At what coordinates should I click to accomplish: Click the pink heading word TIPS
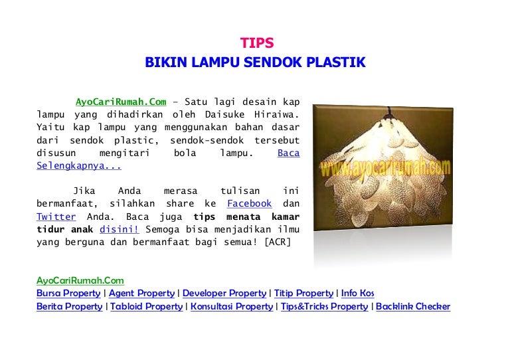(257, 43)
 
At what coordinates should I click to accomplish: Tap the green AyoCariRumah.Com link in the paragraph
(121, 102)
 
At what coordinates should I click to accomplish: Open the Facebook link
(249, 203)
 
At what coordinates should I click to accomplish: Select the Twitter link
(56, 217)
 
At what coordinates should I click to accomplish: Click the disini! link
(120, 229)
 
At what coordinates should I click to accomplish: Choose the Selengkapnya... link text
(79, 165)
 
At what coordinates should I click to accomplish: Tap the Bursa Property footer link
(68, 294)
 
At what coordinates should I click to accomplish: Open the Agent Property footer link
(142, 294)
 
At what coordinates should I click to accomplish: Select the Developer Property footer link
(224, 294)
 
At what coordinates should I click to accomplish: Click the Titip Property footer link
(303, 294)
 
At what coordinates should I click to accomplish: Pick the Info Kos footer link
(358, 294)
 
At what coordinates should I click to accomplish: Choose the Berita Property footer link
(69, 307)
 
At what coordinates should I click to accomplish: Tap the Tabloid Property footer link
(146, 307)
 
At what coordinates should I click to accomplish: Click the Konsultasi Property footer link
(232, 307)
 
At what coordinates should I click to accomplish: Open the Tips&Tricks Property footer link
(324, 307)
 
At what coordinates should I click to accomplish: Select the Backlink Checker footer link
(413, 307)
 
